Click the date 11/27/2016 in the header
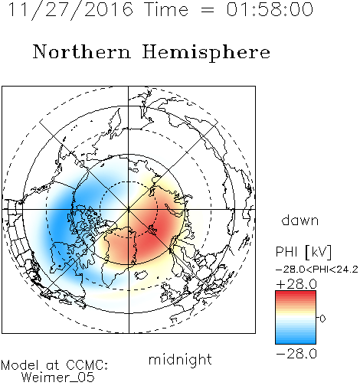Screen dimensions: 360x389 pos(70,10)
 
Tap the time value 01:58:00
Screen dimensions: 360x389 pos(270,9)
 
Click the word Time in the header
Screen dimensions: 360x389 pos(166,9)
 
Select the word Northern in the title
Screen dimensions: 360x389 pos(82,51)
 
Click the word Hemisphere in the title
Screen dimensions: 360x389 pos(206,53)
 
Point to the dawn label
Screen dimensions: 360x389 pos(300,220)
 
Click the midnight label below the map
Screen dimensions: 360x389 pos(180,359)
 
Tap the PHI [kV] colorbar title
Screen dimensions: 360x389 pos(303,252)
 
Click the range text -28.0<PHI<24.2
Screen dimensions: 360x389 pos(317,270)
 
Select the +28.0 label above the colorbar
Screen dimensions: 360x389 pos(296,284)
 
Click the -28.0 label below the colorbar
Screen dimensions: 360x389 pos(296,354)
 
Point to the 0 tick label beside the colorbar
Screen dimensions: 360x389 pos(322,319)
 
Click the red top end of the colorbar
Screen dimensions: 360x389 pos(296,293)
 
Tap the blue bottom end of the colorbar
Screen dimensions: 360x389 pos(296,342)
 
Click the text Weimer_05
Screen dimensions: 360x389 pos(58,378)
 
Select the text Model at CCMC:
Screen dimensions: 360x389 pos(54,365)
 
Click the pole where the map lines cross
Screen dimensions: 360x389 pos(129,209)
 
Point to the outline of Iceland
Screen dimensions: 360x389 pos(141,275)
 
